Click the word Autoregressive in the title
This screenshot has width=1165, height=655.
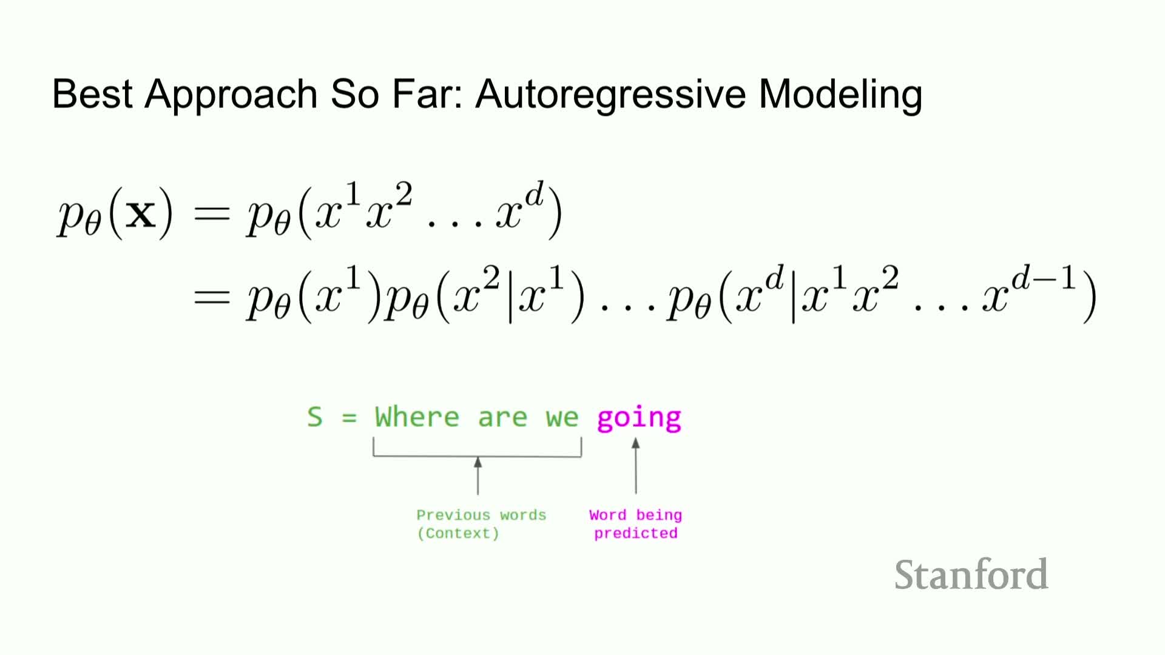(610, 95)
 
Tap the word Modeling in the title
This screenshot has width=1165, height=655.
(840, 95)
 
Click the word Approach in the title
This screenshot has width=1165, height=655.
(231, 95)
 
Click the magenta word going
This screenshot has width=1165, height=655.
(639, 418)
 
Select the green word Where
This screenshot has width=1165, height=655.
(417, 417)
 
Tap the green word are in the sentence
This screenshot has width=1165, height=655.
(502, 418)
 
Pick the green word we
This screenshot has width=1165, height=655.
(562, 418)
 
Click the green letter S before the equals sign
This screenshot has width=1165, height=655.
(314, 417)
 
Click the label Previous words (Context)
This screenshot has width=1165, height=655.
(481, 524)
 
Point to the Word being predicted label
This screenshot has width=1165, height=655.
(635, 524)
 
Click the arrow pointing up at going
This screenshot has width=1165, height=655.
(636, 466)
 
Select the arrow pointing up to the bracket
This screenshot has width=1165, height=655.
(478, 476)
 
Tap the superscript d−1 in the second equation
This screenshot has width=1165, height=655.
(1044, 279)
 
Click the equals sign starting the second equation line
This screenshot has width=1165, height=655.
(212, 297)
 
